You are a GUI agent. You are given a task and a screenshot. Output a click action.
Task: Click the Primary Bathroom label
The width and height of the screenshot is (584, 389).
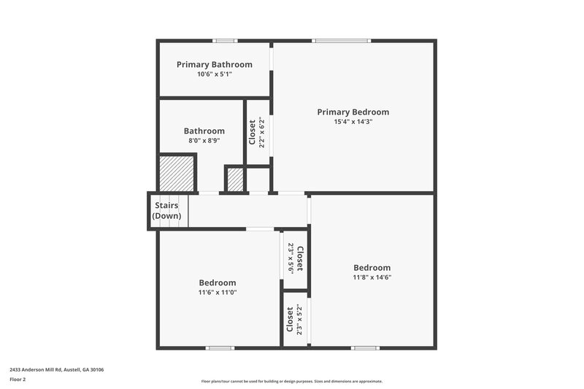pos(214,64)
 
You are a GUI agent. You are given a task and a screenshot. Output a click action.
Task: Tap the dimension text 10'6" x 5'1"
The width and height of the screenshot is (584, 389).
pos(214,74)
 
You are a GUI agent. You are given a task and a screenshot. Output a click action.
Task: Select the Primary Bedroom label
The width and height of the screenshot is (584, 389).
pos(353,112)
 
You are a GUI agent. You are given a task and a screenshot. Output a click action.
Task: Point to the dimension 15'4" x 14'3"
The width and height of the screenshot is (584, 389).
pos(353,122)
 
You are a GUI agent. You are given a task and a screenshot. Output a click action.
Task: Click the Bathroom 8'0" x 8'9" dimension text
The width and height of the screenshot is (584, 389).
pos(204,141)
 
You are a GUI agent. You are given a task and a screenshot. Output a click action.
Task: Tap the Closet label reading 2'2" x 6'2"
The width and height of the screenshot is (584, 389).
pos(253,132)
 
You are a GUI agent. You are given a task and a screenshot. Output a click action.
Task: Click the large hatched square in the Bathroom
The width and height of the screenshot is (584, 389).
pos(177,173)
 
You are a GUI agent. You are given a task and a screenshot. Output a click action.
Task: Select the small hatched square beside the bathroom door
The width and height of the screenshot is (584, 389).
pos(235,180)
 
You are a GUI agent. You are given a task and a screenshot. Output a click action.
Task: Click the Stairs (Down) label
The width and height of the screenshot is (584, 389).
pos(166,211)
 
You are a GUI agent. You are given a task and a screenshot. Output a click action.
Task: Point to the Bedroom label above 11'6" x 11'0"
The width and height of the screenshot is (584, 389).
pos(218,282)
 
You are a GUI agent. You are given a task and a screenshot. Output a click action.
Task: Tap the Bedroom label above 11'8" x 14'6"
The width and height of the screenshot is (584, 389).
pos(372,267)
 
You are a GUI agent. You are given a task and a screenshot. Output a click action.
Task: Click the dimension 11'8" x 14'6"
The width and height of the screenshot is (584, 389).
pos(372,277)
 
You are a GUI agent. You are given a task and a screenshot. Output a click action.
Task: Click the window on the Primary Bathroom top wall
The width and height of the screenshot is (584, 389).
pos(224,40)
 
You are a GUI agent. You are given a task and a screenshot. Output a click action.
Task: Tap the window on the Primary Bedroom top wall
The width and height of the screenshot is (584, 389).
pos(342,40)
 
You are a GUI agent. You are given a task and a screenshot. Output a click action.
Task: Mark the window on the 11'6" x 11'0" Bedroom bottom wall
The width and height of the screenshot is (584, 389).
pos(219,348)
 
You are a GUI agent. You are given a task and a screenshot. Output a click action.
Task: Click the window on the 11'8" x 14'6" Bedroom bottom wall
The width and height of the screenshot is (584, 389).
pos(365,348)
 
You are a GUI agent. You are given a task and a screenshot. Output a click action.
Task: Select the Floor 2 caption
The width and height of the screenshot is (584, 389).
pos(18,380)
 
